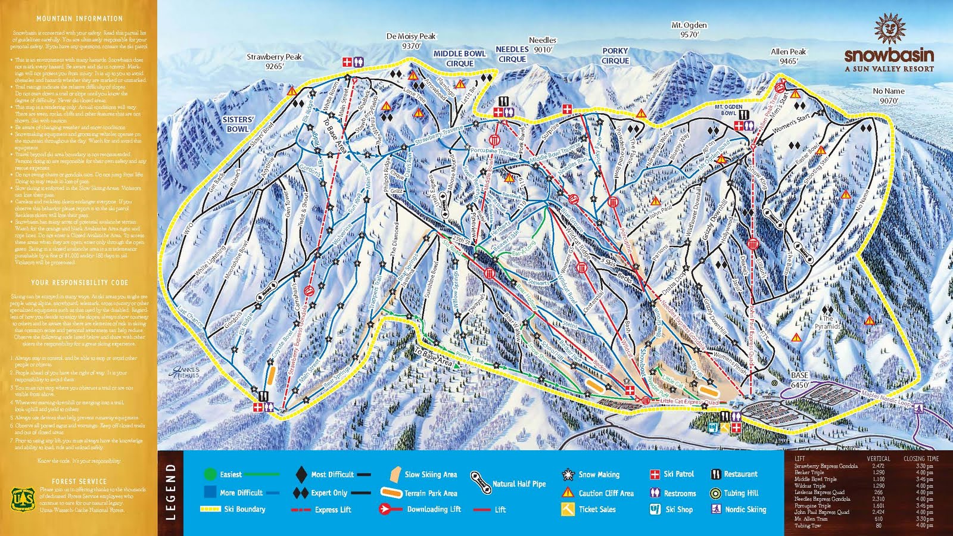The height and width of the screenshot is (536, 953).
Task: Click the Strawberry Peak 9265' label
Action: coord(274,61)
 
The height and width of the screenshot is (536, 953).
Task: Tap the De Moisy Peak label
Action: coord(411,40)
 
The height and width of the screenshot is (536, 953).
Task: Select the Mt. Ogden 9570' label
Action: coord(689,30)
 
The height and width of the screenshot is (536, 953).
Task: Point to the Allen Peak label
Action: coord(788,56)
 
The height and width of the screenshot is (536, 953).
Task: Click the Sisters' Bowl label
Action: coord(238,124)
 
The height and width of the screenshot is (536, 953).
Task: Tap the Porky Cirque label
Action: coord(615,56)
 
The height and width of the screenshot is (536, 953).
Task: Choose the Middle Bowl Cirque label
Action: coord(459,58)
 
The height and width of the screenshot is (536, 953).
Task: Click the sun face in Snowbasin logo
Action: coord(889,30)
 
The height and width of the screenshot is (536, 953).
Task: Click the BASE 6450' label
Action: coord(799,380)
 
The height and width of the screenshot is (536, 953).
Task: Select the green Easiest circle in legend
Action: coord(209,474)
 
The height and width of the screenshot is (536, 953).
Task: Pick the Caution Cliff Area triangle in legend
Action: coord(568,493)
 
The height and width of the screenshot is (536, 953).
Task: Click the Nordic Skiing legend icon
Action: coord(715,509)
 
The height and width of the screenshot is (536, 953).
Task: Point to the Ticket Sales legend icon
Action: coord(568,509)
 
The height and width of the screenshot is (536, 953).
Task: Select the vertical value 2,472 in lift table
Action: coord(878,466)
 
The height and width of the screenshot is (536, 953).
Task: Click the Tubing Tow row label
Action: coord(807,525)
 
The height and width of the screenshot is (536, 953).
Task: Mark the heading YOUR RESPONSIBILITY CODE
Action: coord(79,282)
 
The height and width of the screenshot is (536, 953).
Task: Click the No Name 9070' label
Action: coord(888,95)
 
